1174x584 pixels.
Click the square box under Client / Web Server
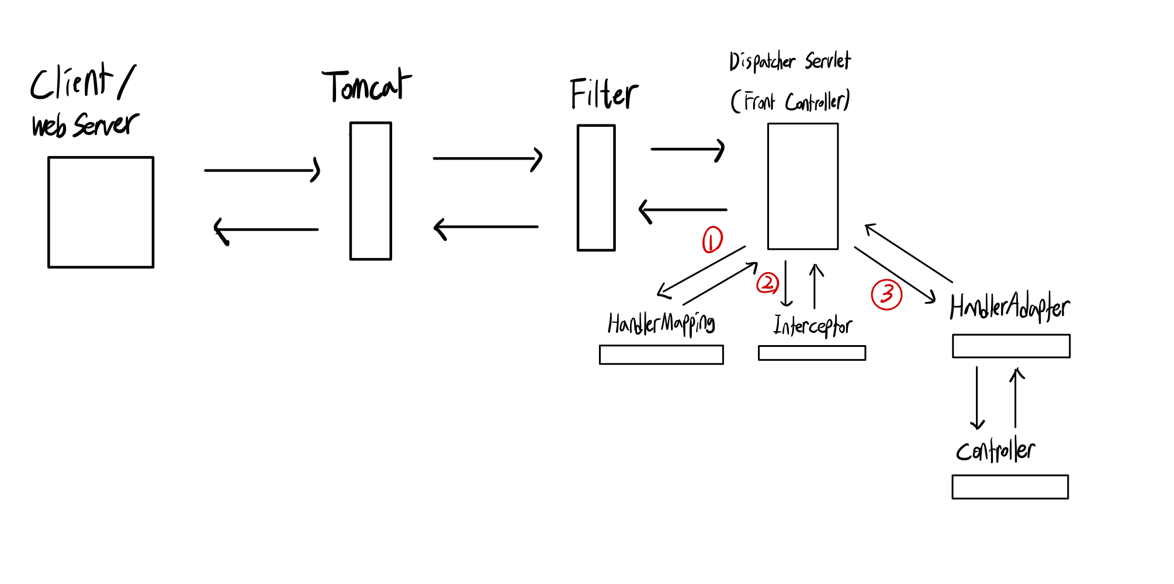click(101, 212)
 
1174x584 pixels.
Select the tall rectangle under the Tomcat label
click(370, 191)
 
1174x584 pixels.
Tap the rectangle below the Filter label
click(596, 187)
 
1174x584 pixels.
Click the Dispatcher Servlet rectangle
click(802, 186)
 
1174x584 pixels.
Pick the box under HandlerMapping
click(661, 354)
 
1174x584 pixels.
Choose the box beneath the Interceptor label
click(812, 353)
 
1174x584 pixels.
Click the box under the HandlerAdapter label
click(1011, 346)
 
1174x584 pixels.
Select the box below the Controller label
click(1010, 486)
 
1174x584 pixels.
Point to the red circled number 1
click(712, 239)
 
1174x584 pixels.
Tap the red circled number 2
click(767, 283)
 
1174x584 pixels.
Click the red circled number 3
click(886, 294)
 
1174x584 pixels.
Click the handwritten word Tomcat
click(366, 86)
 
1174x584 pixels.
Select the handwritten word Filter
click(604, 94)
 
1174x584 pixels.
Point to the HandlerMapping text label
click(661, 324)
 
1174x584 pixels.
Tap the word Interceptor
click(812, 326)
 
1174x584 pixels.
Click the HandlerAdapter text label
click(1009, 307)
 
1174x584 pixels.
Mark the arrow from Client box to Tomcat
click(261, 170)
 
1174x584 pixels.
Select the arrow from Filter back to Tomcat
click(486, 227)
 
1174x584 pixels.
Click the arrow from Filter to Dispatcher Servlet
click(687, 150)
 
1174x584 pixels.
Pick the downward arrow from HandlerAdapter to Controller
click(976, 398)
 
